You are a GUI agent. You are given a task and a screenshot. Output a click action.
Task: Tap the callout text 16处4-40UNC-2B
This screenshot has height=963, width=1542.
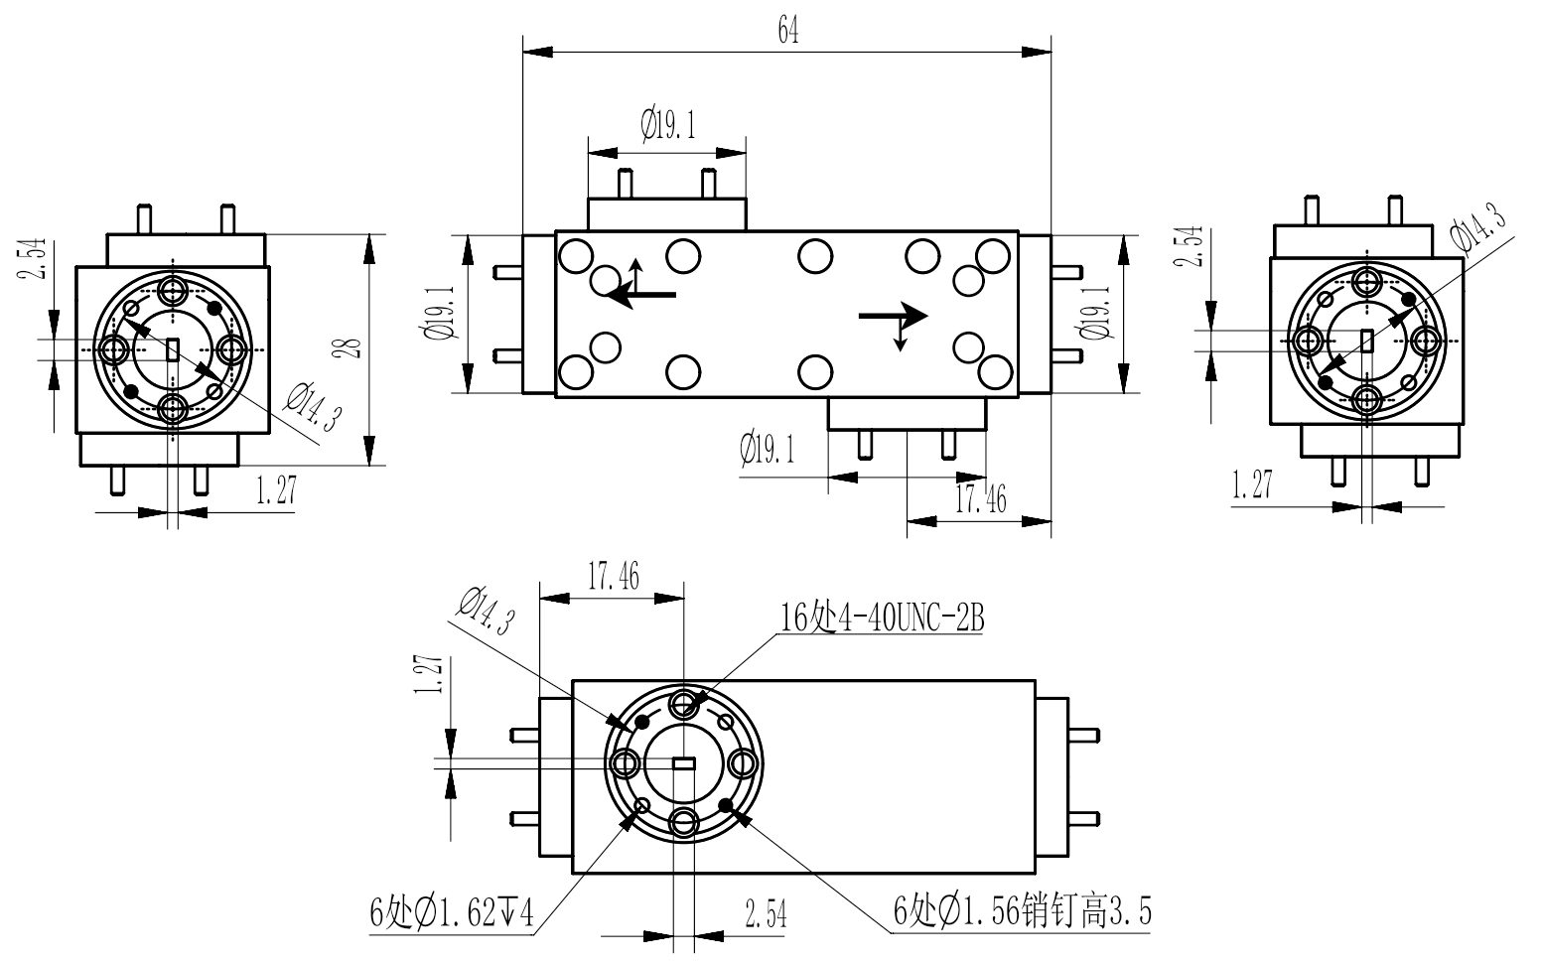point(882,619)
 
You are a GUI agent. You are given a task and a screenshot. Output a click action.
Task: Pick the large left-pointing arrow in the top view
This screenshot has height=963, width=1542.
point(641,294)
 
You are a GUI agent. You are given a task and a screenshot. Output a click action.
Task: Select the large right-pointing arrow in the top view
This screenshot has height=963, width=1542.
point(893,316)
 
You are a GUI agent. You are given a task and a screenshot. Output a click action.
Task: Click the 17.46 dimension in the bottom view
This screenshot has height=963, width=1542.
point(612,577)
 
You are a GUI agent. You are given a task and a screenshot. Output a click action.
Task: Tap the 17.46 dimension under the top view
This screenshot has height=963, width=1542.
point(980,500)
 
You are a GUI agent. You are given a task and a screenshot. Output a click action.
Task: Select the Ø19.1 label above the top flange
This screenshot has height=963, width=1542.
point(667,125)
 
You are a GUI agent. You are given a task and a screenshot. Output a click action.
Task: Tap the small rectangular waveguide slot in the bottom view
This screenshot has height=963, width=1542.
point(683,763)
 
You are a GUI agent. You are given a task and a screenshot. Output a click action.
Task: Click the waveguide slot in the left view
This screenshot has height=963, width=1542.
point(173,349)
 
